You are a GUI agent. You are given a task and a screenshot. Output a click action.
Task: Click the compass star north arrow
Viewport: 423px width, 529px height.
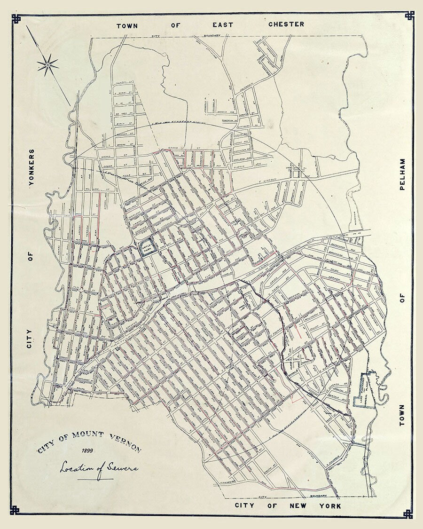pos(48,64)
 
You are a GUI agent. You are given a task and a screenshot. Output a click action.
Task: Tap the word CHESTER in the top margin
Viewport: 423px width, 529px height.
pos(286,24)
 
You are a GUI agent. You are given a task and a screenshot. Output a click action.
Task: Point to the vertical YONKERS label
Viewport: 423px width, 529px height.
pos(31,168)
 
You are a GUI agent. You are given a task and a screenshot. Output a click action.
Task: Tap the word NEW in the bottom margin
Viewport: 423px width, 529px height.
pos(298,506)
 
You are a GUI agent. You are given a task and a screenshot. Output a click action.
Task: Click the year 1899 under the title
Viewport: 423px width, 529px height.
pos(87,452)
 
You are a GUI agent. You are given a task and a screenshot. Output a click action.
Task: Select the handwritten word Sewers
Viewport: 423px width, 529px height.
pos(120,468)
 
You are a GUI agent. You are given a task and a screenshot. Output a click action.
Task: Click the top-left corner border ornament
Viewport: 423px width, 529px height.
pos(16,18)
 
